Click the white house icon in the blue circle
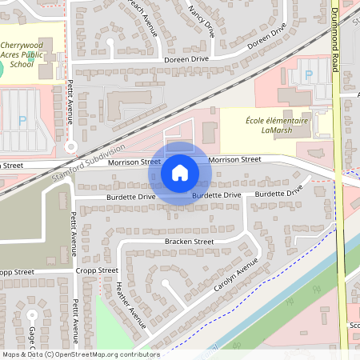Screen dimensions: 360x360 [180, 173]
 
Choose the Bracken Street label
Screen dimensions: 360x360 [189, 241]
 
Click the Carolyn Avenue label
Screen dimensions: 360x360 [237, 285]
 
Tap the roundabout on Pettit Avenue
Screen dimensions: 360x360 [71, 146]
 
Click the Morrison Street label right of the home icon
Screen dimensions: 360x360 [234, 160]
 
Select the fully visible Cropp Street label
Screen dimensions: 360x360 [97, 271]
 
